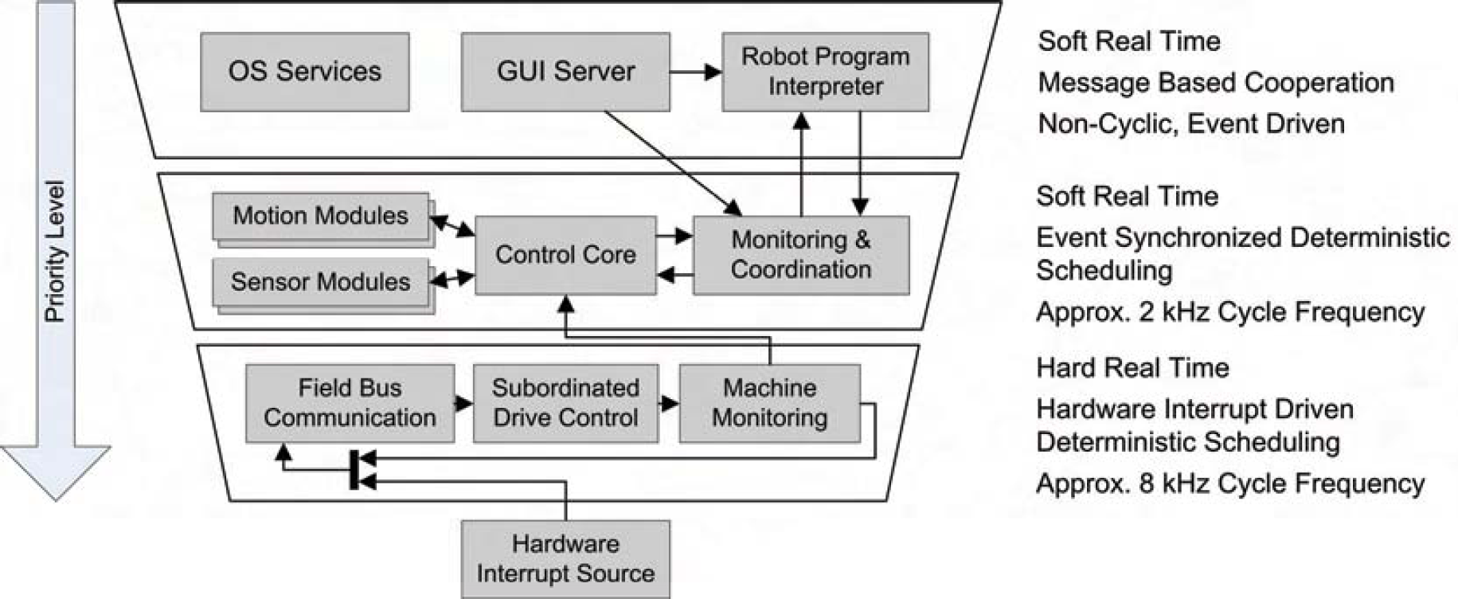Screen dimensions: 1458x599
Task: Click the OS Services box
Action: click(x=305, y=72)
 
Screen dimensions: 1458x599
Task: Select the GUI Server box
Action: click(x=565, y=72)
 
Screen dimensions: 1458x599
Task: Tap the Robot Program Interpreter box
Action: click(x=826, y=72)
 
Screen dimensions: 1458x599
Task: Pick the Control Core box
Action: click(x=565, y=255)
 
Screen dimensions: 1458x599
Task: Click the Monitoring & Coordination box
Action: click(x=801, y=255)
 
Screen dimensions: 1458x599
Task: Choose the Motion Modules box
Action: click(x=321, y=216)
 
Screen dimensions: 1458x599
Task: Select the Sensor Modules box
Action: click(x=321, y=282)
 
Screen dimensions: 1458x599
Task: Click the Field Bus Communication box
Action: click(x=350, y=403)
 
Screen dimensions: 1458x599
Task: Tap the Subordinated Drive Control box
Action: click(x=565, y=403)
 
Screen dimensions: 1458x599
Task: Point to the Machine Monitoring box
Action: click(x=770, y=403)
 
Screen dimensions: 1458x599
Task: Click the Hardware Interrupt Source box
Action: click(x=565, y=559)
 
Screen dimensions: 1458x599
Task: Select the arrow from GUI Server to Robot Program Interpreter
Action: click(x=696, y=72)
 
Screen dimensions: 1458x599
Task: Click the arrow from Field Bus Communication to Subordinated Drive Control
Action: click(x=464, y=404)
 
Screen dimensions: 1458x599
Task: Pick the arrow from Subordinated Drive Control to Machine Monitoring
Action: click(x=669, y=404)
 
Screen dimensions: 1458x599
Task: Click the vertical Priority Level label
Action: click(x=54, y=252)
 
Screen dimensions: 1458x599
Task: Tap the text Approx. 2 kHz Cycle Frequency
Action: click(x=1230, y=311)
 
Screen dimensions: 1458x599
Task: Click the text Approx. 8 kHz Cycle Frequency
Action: click(x=1230, y=484)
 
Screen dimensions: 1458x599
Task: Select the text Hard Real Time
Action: click(x=1132, y=368)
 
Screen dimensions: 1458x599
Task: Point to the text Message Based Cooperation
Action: click(x=1216, y=83)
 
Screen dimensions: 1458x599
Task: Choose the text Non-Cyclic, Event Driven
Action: click(x=1191, y=124)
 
